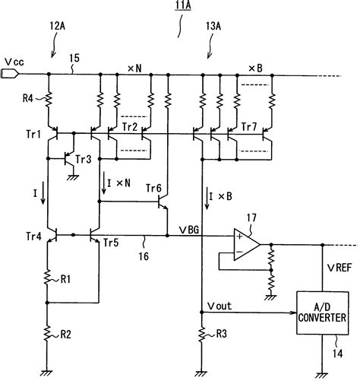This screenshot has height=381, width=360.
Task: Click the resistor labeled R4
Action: coord(49,97)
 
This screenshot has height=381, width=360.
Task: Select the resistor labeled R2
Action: coord(49,332)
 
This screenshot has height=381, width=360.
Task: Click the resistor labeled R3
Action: coord(201,333)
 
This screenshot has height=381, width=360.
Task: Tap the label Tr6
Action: coord(153,189)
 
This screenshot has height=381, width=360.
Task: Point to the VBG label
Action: coord(190,227)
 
